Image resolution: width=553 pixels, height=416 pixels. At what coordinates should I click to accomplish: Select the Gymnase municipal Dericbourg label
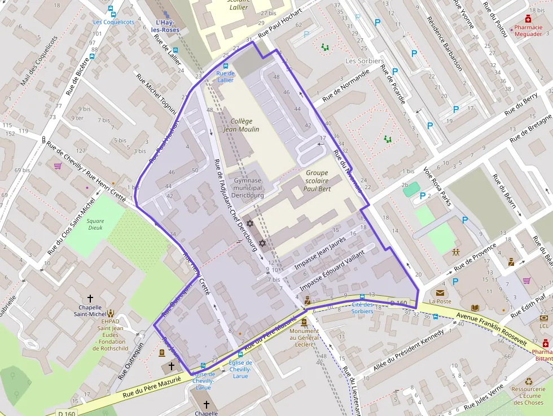click(x=247, y=188)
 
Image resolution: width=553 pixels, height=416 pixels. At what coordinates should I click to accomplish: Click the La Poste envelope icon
click(x=440, y=292)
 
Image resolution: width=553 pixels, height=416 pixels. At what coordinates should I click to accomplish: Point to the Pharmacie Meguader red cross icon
click(x=528, y=19)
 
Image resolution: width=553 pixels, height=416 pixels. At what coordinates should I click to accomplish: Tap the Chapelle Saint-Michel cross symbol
click(x=90, y=297)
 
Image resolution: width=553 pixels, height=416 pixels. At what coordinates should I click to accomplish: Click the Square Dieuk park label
click(x=95, y=224)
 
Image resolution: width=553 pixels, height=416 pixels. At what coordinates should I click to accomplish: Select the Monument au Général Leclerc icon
click(x=304, y=322)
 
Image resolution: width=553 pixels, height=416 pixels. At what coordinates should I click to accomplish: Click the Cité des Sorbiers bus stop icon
click(x=362, y=296)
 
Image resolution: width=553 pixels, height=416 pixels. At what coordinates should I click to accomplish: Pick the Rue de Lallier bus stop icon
click(x=226, y=67)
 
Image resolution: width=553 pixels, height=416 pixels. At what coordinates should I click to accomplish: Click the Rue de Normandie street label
click(x=345, y=86)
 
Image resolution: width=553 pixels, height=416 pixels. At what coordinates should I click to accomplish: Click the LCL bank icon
click(x=544, y=318)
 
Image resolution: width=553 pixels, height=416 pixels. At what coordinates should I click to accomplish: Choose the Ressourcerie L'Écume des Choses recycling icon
click(x=528, y=381)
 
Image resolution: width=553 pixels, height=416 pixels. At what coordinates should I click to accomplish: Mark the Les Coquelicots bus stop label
click(x=113, y=22)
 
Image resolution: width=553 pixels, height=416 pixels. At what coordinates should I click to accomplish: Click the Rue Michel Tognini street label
click(x=157, y=91)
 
